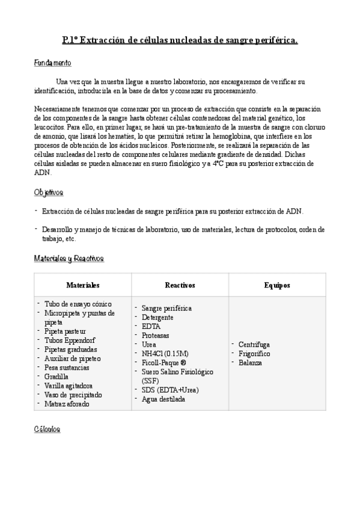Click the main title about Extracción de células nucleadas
pos(180,41)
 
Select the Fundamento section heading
pos(52,63)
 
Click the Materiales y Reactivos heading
pos(69,258)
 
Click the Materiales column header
pos(83,284)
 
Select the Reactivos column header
pos(180,284)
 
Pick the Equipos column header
pos(277,284)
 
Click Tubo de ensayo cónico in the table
pos(78,304)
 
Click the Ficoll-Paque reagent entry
pos(163,363)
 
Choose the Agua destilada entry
pos(163,399)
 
